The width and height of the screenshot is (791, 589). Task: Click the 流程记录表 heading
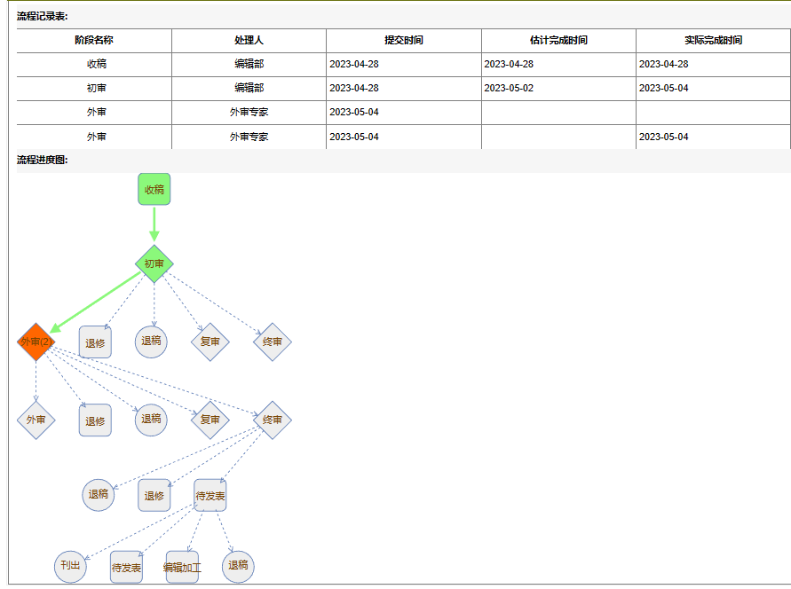(43, 16)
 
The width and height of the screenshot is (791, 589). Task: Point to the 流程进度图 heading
(43, 160)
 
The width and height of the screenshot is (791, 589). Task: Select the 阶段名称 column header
(93, 40)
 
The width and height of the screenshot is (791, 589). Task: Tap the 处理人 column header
(249, 40)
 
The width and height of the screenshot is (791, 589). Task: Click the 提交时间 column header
(403, 40)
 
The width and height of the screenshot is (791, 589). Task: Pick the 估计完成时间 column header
(558, 40)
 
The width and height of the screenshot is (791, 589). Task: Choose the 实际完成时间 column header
(713, 40)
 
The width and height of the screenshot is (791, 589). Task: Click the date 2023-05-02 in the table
(509, 88)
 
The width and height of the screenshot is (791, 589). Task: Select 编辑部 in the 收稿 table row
(249, 64)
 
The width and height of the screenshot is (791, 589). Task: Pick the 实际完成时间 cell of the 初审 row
(663, 88)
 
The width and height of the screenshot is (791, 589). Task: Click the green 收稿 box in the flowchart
(154, 189)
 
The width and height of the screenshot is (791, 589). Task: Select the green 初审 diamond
(154, 263)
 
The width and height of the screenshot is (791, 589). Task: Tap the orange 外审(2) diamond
(36, 342)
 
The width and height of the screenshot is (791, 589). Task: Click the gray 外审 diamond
(36, 420)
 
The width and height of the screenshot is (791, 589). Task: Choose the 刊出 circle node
(70, 566)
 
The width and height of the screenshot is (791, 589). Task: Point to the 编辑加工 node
(182, 567)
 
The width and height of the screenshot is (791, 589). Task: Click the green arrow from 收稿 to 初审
(154, 223)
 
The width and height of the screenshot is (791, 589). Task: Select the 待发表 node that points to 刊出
(210, 495)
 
